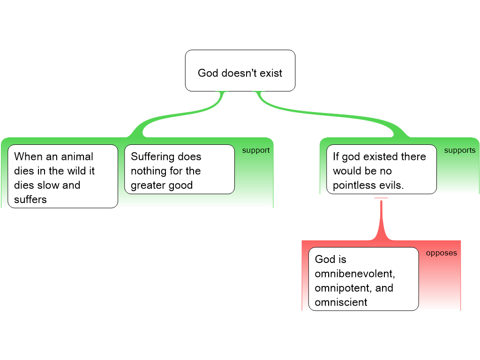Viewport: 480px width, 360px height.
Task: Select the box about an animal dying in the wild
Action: [62, 176]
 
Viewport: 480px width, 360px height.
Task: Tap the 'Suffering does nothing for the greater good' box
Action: [179, 169]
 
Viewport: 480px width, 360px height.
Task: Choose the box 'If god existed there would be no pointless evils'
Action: [381, 169]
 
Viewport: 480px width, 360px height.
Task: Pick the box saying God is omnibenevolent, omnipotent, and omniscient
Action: [363, 279]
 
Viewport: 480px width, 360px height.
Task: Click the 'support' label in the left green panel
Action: [255, 150]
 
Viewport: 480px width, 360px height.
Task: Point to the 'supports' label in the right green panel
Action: [459, 150]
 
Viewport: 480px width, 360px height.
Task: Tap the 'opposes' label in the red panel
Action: [441, 253]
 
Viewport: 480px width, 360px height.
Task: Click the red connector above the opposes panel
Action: [382, 220]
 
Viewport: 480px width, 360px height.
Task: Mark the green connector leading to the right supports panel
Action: [328, 115]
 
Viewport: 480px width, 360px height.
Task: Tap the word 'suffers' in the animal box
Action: [30, 200]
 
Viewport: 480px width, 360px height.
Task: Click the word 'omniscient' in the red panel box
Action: [341, 302]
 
